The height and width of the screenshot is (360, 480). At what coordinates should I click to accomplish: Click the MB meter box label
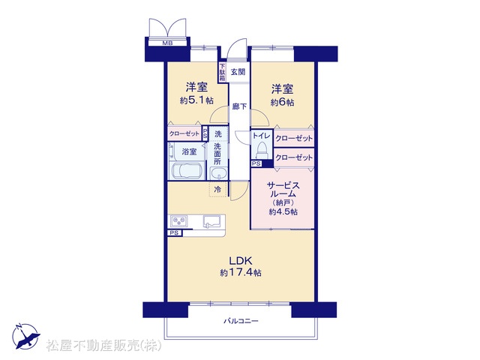click(x=167, y=43)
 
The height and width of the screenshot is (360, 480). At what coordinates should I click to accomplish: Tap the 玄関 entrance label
click(x=238, y=72)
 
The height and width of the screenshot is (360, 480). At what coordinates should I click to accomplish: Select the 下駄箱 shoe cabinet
click(x=223, y=72)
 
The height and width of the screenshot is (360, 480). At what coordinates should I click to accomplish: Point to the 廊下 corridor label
click(x=239, y=106)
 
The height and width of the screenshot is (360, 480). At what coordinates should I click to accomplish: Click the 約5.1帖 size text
click(x=196, y=100)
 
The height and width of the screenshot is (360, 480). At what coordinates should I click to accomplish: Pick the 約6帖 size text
click(x=282, y=102)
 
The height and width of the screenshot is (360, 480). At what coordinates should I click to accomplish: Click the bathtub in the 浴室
click(x=187, y=171)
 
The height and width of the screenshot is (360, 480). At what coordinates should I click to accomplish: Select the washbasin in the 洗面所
click(x=218, y=173)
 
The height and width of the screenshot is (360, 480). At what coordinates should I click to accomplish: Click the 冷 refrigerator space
click(x=217, y=189)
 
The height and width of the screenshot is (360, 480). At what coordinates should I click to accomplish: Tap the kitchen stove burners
click(x=179, y=221)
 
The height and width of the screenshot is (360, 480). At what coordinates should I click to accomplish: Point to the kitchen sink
click(x=212, y=221)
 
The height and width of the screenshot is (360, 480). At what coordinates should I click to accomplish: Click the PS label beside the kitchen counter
click(x=174, y=233)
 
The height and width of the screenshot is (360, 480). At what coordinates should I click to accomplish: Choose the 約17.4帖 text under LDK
click(x=241, y=272)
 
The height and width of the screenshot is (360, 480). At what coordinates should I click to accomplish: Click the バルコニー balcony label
click(x=241, y=321)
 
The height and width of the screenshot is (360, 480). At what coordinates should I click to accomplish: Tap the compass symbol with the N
click(x=26, y=336)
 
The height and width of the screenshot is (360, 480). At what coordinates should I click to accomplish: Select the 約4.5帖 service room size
click(x=283, y=211)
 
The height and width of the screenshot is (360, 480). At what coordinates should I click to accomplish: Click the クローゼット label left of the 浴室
click(x=184, y=133)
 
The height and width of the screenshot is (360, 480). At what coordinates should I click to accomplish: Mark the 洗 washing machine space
click(x=218, y=133)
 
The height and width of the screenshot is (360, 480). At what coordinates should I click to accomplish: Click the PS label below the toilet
click(x=256, y=163)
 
